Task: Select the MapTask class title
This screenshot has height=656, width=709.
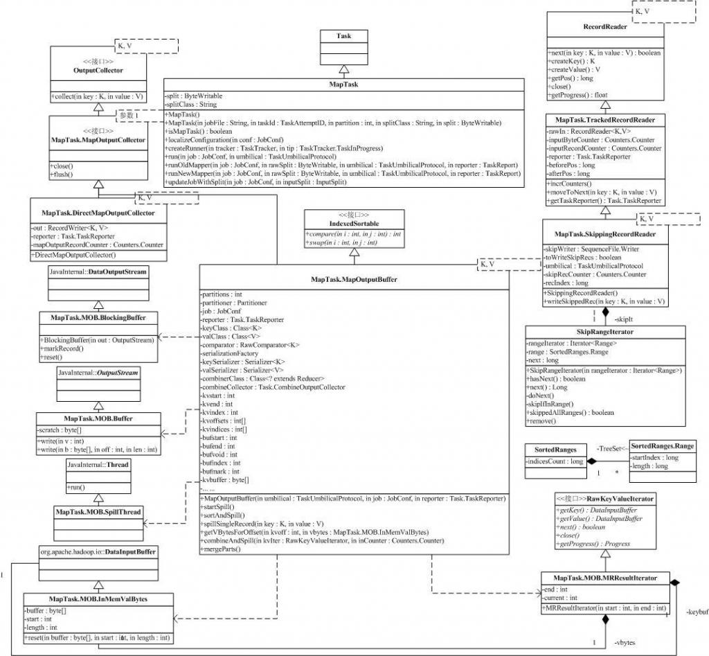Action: coord(342,85)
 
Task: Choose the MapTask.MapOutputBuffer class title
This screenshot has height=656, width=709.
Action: coord(354,281)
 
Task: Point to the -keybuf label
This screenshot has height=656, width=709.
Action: coord(696,612)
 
